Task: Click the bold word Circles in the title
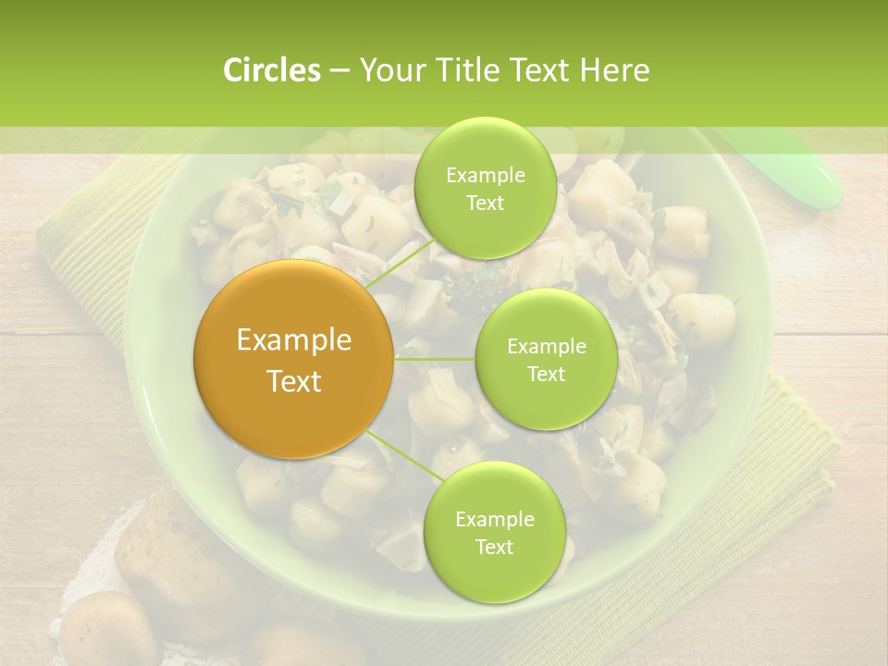tap(271, 70)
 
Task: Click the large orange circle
tap(294, 359)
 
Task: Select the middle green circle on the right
tap(546, 359)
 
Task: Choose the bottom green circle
tap(494, 532)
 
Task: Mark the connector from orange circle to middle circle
tap(435, 359)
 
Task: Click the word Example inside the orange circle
tap(294, 340)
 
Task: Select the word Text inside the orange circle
tap(294, 381)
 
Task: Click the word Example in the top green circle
tap(485, 175)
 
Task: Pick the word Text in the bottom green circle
tap(494, 547)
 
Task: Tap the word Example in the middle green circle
tap(546, 347)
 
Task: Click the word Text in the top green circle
tap(485, 203)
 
